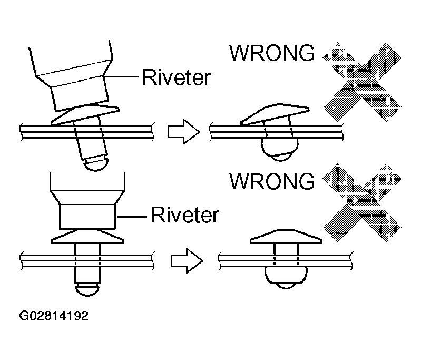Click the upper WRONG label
pyautogui.click(x=272, y=53)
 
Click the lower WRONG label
pyautogui.click(x=272, y=181)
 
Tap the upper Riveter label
pyautogui.click(x=177, y=77)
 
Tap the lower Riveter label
pyautogui.click(x=185, y=215)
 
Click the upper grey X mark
pyautogui.click(x=362, y=82)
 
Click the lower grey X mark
pyautogui.click(x=362, y=203)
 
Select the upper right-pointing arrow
pyautogui.click(x=184, y=132)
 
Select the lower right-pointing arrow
pyautogui.click(x=187, y=260)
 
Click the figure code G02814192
pyautogui.click(x=54, y=316)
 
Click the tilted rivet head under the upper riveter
pyautogui.click(x=85, y=115)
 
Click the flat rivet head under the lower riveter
pyautogui.click(x=87, y=237)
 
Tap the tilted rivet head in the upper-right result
pyautogui.click(x=275, y=114)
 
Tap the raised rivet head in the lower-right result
pyautogui.click(x=286, y=237)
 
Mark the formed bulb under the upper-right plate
pyautogui.click(x=280, y=149)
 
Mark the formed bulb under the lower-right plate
pyautogui.click(x=286, y=277)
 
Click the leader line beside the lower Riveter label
pyautogui.click(x=131, y=217)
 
